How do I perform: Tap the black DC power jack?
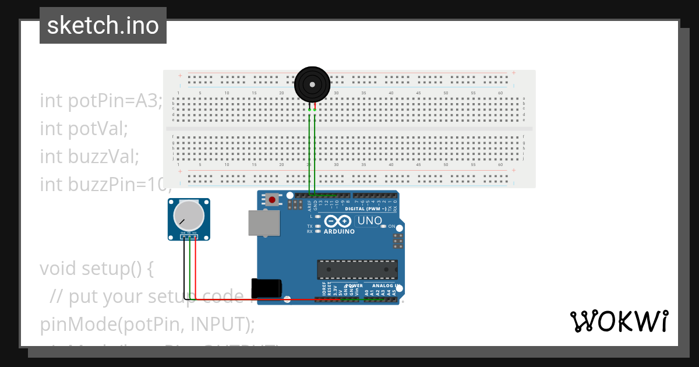coord(266,289)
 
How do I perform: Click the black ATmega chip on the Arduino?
coord(357,270)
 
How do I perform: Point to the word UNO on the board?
coord(369,221)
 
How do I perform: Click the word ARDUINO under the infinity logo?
coord(339,231)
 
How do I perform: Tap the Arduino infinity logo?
coord(338,221)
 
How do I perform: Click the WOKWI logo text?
coord(619,322)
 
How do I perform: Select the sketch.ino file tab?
coord(103,26)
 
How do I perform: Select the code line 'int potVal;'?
coord(83,128)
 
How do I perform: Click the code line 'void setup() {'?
coord(96,269)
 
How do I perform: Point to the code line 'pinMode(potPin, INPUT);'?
coord(147,324)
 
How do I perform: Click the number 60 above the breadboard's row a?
coord(500,93)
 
